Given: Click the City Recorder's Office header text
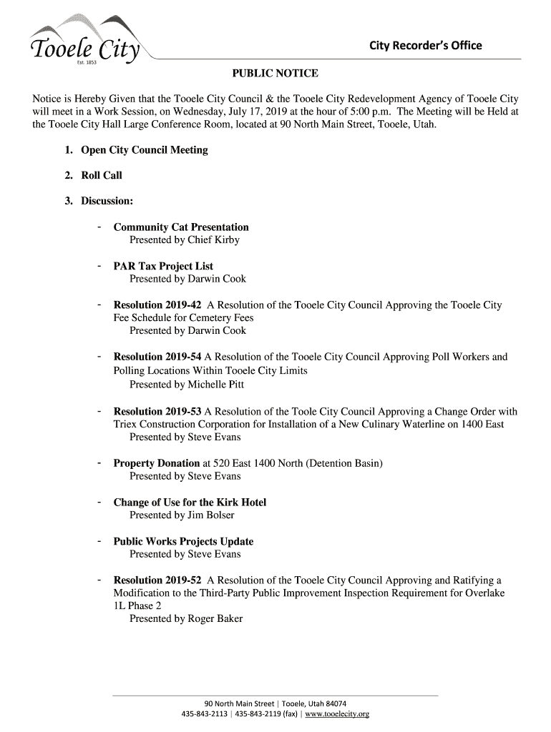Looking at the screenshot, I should (425, 46).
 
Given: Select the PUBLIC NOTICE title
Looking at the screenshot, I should (275, 74).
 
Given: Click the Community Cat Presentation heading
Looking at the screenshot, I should (181, 227).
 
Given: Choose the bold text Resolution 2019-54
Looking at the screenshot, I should (157, 357).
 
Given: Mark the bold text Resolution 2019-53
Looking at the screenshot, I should (157, 412).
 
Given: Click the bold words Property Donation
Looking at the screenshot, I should (157, 463).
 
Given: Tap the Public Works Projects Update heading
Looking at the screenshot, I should (183, 541).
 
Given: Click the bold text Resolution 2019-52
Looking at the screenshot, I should (157, 580).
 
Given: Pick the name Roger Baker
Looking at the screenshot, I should (215, 619).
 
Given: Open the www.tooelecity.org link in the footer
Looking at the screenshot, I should (337, 714).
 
